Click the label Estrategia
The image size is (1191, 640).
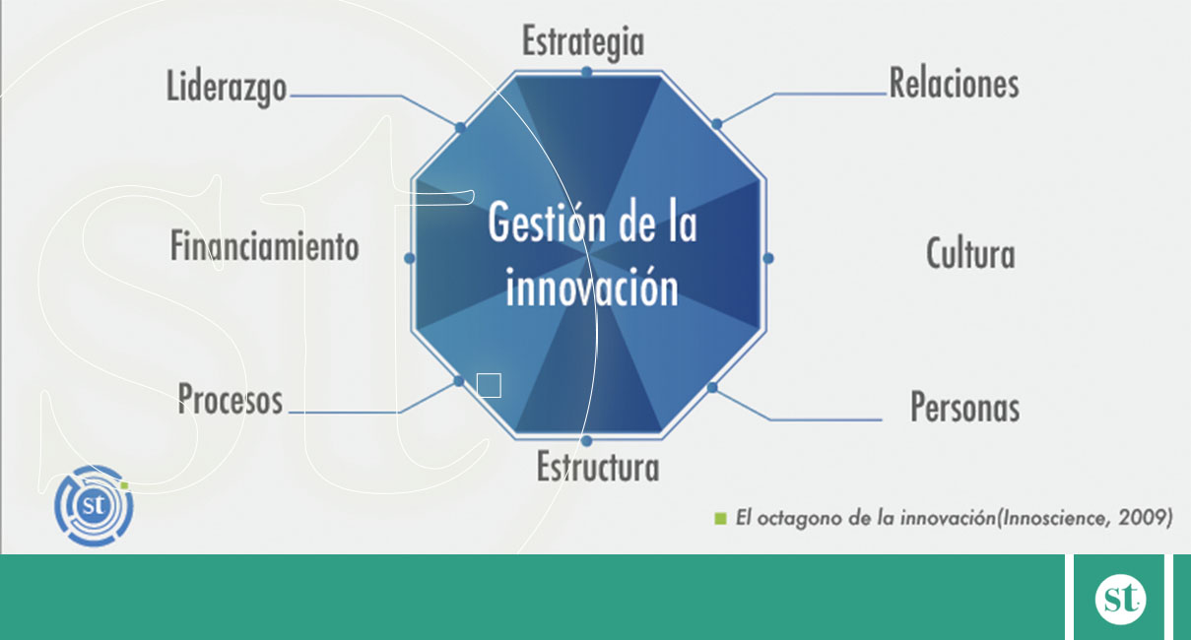click(583, 42)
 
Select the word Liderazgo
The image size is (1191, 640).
click(227, 88)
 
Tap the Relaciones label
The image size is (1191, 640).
click(954, 84)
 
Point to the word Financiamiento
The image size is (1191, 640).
click(264, 246)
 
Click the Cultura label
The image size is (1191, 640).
click(970, 254)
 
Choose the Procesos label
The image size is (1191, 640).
click(230, 399)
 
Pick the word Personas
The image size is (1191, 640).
click(965, 408)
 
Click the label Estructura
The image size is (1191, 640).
click(598, 467)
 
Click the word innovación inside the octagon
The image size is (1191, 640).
click(592, 288)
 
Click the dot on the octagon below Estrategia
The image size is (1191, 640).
click(586, 71)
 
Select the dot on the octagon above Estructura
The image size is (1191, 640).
click(586, 441)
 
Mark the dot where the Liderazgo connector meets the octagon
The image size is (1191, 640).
click(460, 128)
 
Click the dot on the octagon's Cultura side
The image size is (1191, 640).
click(768, 258)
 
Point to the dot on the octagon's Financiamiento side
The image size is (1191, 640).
click(410, 258)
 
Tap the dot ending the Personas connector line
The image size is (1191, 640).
click(712, 388)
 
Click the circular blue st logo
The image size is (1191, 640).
click(94, 505)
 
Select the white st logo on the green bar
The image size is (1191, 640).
click(1120, 599)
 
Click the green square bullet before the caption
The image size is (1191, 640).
click(720, 518)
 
